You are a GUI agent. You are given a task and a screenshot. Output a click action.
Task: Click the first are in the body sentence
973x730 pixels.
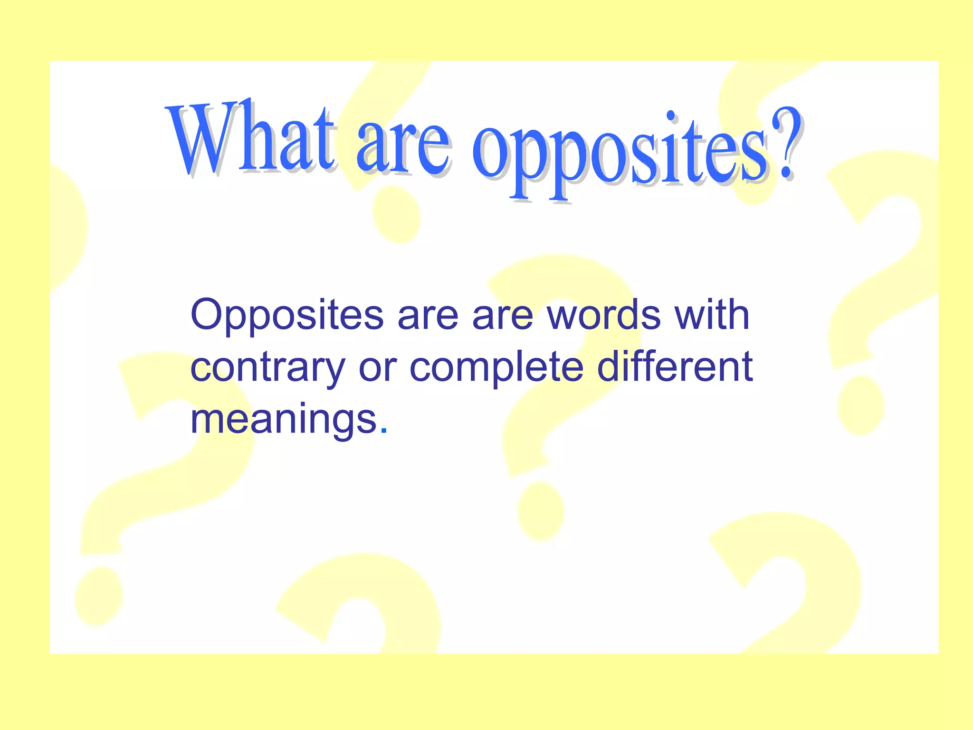click(x=428, y=316)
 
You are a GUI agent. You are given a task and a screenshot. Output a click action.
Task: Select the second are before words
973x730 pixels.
click(x=503, y=316)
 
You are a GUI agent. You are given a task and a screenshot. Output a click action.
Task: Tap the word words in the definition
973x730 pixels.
click(x=604, y=315)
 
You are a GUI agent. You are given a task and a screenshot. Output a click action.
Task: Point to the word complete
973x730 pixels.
click(x=496, y=369)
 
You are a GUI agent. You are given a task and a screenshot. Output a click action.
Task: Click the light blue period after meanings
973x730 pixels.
click(x=384, y=431)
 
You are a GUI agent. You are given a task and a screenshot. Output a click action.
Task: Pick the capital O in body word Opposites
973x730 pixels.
click(x=208, y=315)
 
